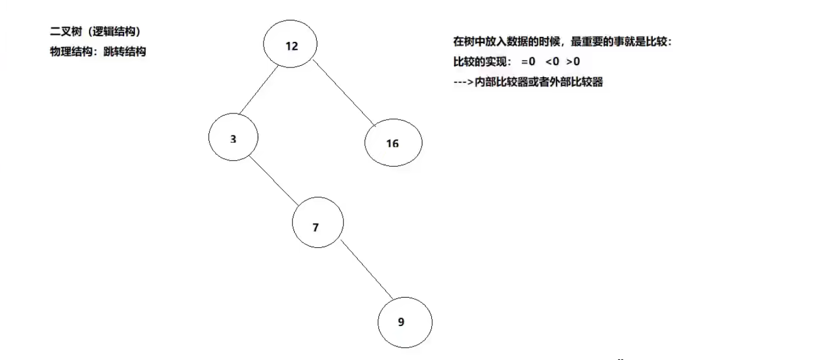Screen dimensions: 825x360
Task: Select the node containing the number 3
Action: [x=233, y=138]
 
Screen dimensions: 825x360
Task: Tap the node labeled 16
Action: [x=393, y=143]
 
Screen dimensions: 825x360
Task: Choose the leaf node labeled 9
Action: [x=405, y=322]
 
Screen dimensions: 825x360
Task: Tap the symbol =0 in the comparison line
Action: [x=528, y=61]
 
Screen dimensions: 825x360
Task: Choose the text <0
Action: [x=552, y=61]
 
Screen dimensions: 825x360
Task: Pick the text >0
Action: [x=573, y=61]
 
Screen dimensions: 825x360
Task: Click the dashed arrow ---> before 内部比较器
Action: [x=463, y=82]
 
